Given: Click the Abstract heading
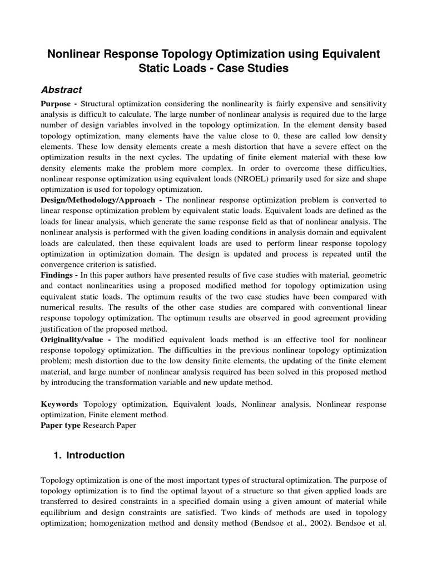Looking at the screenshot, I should [x=62, y=90].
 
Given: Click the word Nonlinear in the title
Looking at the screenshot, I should [x=75, y=54].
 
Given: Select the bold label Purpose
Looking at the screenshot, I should [x=58, y=104].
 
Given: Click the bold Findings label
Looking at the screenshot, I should [x=58, y=274].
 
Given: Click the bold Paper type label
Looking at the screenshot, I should [x=61, y=425].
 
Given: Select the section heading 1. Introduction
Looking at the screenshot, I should [x=89, y=456].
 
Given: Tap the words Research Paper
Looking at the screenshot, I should [x=109, y=425].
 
